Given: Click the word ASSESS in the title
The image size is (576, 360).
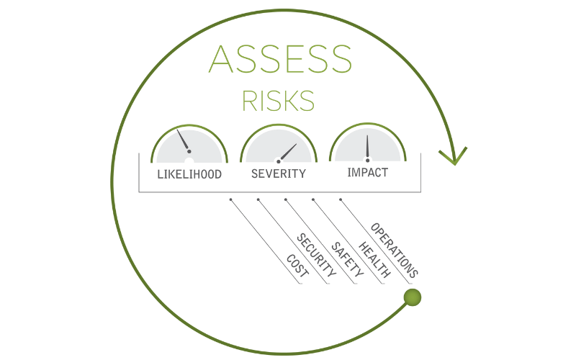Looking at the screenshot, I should coord(280,60).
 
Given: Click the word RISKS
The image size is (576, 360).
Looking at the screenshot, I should coord(279,101).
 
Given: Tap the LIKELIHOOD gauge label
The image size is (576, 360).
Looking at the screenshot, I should coord(189,174).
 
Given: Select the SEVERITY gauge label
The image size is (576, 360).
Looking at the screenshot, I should coord(278,174).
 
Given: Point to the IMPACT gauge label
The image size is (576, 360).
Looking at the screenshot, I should coord(367,173).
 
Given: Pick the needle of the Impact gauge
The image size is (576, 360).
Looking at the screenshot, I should coord(367,147).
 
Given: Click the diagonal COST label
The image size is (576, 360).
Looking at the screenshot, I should coord(297,266).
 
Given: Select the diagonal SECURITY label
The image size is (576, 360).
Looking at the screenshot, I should coord(318,256).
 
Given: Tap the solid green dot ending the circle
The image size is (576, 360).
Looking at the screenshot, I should coord(413,297).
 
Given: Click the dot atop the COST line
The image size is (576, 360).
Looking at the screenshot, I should coord(230,199).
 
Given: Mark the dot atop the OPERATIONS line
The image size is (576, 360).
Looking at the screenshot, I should coord(340,199).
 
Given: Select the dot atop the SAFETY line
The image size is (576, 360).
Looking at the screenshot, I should coord(285,199).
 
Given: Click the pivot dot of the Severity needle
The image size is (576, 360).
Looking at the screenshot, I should coord(278,161).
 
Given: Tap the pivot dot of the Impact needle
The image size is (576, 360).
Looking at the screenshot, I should coord(367,160).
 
